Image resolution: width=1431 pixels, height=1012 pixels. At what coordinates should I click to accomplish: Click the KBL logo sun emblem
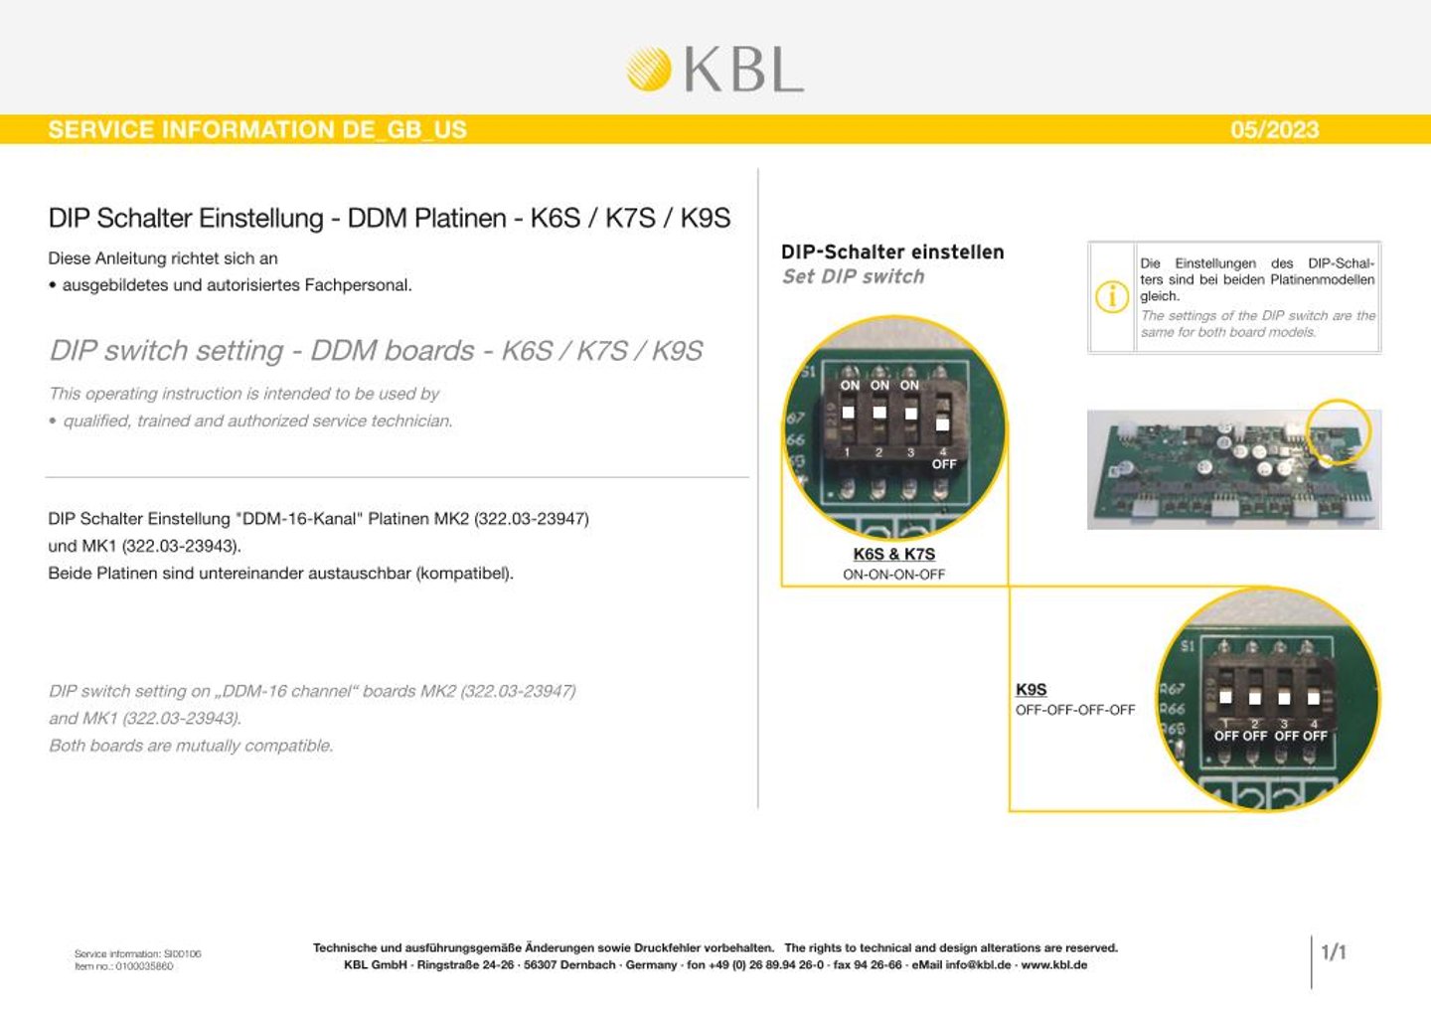[x=649, y=69]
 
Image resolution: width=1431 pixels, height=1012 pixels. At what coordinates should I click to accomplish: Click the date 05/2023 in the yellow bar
[x=1274, y=129]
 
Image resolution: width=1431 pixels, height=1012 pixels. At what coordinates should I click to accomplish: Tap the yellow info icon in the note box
[x=1111, y=296]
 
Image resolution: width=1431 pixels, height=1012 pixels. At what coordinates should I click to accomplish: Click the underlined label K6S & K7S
[x=893, y=554]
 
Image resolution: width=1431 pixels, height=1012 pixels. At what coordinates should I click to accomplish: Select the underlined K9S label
[x=1031, y=689]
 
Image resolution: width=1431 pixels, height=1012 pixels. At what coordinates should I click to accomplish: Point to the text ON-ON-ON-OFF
[x=893, y=575]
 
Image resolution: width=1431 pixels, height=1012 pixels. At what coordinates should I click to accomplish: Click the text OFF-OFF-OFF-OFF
[x=1074, y=710]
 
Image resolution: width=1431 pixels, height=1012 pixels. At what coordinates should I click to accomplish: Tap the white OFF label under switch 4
[x=944, y=464]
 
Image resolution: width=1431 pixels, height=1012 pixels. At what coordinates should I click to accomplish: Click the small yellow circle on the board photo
[x=1338, y=431]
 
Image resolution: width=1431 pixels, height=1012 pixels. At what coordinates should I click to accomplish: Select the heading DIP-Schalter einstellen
[x=892, y=253]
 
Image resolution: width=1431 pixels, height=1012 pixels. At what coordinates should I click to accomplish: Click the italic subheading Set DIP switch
[x=853, y=276]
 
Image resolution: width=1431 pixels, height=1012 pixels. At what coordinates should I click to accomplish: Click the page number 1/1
[x=1334, y=952]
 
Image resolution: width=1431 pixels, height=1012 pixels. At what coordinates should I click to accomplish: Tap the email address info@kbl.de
[x=978, y=965]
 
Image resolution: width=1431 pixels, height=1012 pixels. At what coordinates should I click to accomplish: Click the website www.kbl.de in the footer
[x=1053, y=965]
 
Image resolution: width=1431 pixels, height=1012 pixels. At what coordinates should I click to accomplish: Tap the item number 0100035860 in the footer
[x=144, y=966]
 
